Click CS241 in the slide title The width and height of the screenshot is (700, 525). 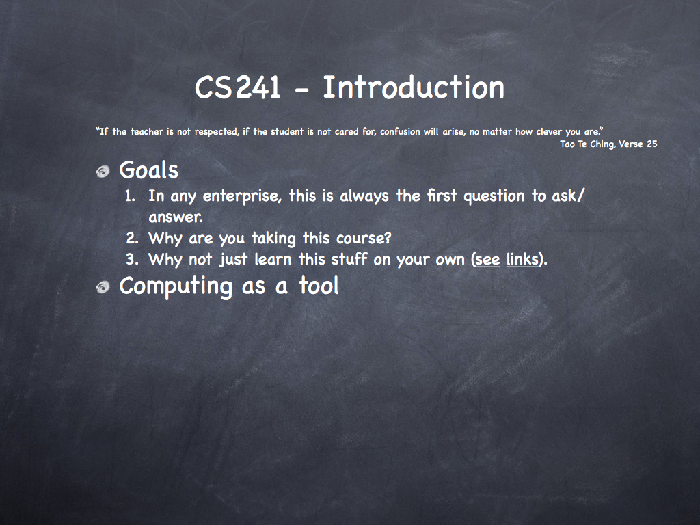tap(237, 87)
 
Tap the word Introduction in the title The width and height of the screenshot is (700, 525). tap(414, 87)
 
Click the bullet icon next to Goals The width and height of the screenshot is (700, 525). tap(103, 172)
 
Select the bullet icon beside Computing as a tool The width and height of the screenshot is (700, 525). tap(103, 287)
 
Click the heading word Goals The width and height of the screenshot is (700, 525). tap(148, 170)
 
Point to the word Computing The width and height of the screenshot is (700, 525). tap(176, 286)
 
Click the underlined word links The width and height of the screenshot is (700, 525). tap(522, 259)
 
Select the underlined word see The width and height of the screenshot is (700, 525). tap(487, 260)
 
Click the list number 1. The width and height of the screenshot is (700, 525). tap(130, 196)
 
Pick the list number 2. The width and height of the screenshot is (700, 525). tap(131, 238)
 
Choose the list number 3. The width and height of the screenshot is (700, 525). tap(131, 259)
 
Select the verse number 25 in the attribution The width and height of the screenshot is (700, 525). tap(651, 144)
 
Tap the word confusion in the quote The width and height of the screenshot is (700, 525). tap(400, 132)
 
